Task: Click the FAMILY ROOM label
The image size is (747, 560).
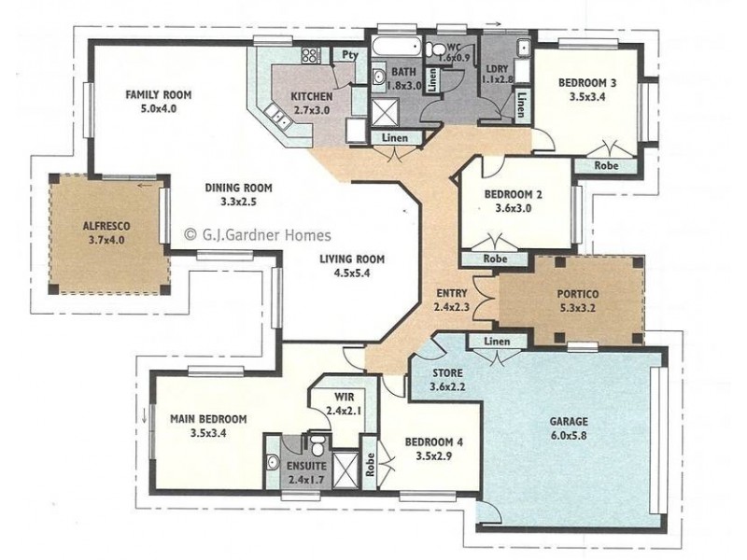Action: tap(158, 95)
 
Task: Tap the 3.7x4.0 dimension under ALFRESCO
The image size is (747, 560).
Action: tap(106, 240)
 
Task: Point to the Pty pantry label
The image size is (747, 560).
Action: tap(350, 54)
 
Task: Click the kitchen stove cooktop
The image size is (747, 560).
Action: tap(311, 56)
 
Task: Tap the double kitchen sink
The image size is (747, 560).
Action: tap(278, 117)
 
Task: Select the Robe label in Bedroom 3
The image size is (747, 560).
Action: tap(606, 166)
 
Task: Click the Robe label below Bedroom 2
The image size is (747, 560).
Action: tap(496, 259)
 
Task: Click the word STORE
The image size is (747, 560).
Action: tap(447, 372)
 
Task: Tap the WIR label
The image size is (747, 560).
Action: tap(344, 397)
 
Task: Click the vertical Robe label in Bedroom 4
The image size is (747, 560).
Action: tap(370, 464)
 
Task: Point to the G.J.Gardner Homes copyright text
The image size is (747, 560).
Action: tap(258, 235)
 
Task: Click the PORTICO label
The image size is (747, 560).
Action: tap(578, 294)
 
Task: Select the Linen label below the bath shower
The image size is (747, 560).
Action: tap(395, 138)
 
